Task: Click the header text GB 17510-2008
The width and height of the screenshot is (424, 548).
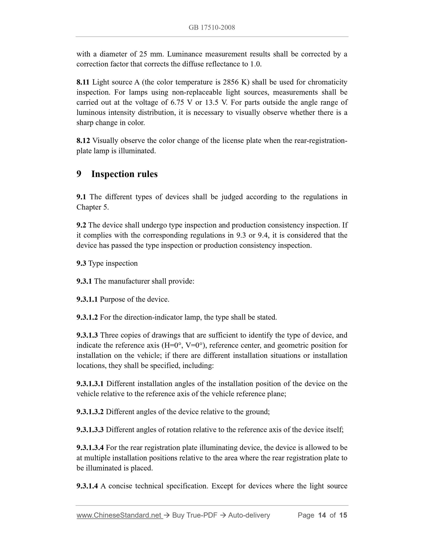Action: (x=212, y=28)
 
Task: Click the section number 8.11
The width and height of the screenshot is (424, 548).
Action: (x=83, y=82)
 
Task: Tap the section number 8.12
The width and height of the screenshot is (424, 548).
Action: (x=83, y=141)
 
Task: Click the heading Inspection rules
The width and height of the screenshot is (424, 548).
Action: (x=124, y=174)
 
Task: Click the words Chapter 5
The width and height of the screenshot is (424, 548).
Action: (x=92, y=207)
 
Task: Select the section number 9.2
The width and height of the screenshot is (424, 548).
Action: (x=81, y=225)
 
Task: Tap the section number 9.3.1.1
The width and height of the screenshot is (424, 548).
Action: (x=87, y=299)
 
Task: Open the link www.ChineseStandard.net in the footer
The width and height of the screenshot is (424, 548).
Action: (x=119, y=515)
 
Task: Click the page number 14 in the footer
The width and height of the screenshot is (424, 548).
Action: (x=322, y=515)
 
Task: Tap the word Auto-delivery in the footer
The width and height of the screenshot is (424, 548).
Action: (x=249, y=515)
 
